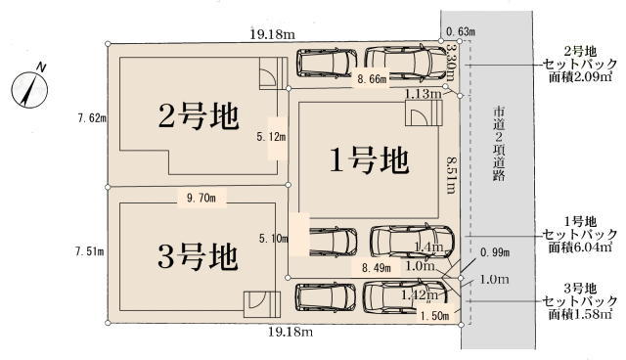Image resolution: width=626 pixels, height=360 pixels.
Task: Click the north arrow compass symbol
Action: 29,89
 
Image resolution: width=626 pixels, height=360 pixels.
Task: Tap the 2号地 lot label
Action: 199,116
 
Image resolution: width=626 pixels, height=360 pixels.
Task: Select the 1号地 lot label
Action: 369,159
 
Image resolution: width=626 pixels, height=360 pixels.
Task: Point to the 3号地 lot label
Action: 198,257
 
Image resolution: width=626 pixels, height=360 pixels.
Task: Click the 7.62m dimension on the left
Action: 92,118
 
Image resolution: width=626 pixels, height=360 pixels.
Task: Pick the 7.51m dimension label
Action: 89,251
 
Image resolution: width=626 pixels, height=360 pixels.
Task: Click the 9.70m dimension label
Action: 201,198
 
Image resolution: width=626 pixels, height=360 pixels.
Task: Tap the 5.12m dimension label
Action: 272,137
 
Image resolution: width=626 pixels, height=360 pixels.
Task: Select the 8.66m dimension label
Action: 372,79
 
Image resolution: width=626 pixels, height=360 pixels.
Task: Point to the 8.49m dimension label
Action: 377,268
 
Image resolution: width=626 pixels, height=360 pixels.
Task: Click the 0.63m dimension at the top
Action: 461,31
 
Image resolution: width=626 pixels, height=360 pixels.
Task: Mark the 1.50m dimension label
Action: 434,316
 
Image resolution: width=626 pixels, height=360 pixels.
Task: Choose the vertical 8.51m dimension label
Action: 451,175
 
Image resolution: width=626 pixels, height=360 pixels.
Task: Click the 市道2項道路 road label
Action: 499,144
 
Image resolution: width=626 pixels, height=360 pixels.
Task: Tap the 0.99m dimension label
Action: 495,252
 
